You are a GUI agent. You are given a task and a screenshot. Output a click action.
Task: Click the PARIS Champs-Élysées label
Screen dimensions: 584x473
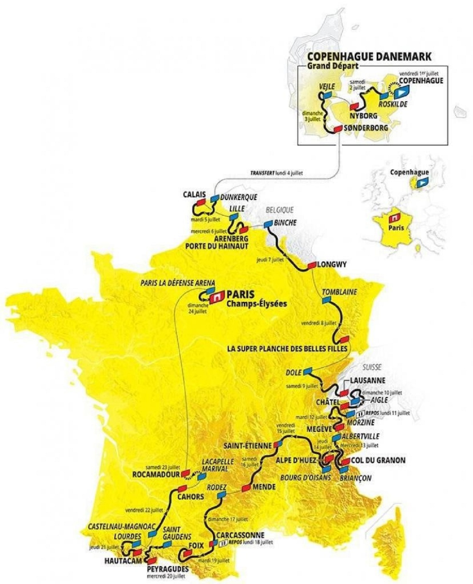pos(251,299)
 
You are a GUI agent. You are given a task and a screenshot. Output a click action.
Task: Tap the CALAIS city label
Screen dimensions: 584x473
pos(194,194)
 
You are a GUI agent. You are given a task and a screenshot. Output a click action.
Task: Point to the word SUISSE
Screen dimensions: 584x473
pos(372,367)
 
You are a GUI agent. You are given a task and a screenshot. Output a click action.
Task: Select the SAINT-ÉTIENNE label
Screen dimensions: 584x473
pos(247,445)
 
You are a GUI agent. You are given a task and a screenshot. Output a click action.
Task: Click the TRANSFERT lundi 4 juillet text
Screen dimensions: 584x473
pos(279,173)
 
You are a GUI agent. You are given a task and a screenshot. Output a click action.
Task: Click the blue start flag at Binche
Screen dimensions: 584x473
pos(269,224)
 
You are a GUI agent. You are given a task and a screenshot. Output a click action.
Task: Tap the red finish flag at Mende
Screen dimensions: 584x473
pos(246,487)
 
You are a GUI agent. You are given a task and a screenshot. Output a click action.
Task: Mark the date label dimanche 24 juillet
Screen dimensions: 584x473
pos(198,308)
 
